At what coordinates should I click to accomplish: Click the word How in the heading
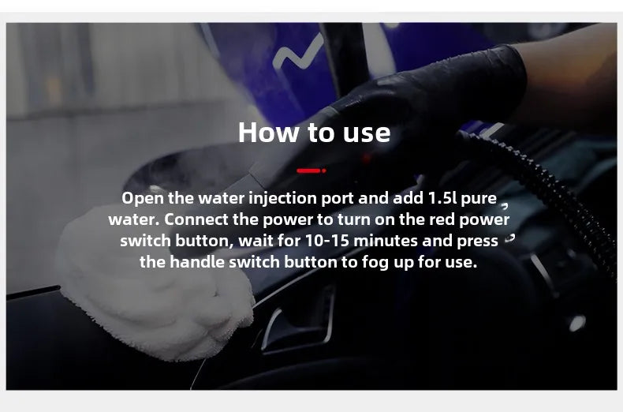269,132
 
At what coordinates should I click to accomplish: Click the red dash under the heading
311,170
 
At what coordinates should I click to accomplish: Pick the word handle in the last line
197,262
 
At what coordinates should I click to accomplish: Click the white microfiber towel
155,287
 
